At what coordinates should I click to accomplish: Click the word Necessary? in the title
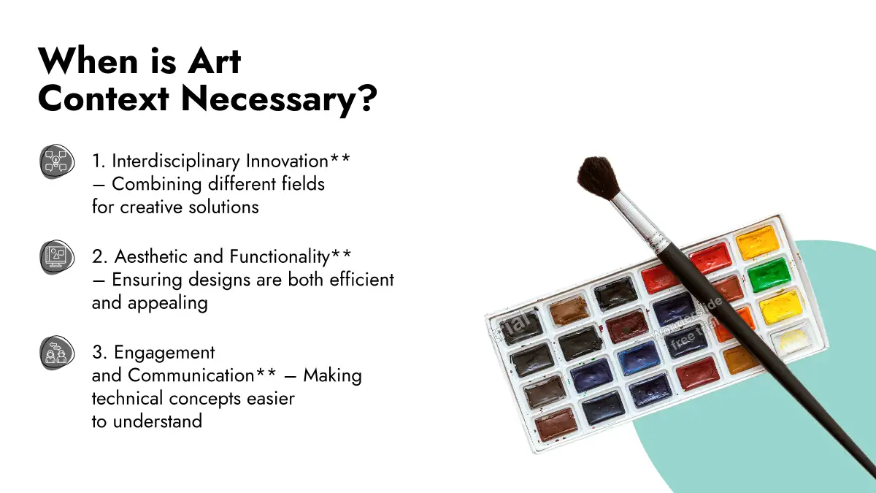pyautogui.click(x=279, y=99)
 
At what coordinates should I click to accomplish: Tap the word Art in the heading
pyautogui.click(x=214, y=61)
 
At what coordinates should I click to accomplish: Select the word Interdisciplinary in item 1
pyautogui.click(x=177, y=161)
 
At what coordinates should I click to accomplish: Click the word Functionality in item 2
pyautogui.click(x=280, y=257)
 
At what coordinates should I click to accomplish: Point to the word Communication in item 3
pyautogui.click(x=191, y=375)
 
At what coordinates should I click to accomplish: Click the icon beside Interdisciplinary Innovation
pyautogui.click(x=57, y=161)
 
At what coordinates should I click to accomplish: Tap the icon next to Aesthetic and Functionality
pyautogui.click(x=57, y=257)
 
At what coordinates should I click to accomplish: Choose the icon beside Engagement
pyautogui.click(x=57, y=353)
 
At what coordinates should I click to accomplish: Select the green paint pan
pyautogui.click(x=769, y=275)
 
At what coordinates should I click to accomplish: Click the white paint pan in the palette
pyautogui.click(x=792, y=338)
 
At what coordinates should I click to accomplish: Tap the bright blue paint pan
pyautogui.click(x=639, y=358)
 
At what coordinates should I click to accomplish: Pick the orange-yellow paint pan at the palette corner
pyautogui.click(x=757, y=242)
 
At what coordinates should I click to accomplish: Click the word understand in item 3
pyautogui.click(x=158, y=421)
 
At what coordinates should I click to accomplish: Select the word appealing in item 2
pyautogui.click(x=168, y=304)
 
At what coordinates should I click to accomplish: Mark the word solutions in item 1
pyautogui.click(x=223, y=207)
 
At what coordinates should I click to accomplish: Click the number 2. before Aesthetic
pyautogui.click(x=100, y=257)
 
